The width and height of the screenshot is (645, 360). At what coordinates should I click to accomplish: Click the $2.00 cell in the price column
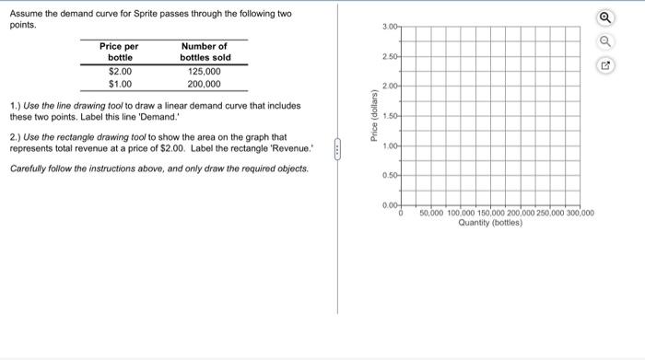pos(120,71)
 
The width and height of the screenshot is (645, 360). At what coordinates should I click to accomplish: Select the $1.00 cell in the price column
pos(120,84)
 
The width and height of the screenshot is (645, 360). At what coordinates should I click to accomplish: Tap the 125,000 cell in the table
pos(205,71)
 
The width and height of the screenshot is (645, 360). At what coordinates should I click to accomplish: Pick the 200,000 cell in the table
pos(205,84)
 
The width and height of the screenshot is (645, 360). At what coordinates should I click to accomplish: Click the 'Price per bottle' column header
pos(120,52)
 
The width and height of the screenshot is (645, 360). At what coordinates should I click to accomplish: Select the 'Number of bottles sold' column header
pos(205,52)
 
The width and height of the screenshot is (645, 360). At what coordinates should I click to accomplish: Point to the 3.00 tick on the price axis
pos(390,27)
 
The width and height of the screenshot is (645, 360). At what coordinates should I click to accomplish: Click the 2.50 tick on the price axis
pos(390,56)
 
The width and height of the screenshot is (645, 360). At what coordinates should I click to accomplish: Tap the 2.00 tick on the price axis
pos(390,87)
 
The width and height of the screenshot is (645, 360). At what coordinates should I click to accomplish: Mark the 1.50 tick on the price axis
pos(390,116)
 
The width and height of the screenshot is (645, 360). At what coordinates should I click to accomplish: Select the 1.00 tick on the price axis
pos(390,146)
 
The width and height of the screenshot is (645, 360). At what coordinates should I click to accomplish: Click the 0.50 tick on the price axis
pos(390,176)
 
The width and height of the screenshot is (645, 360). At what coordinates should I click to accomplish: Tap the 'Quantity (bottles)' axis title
pos(489,223)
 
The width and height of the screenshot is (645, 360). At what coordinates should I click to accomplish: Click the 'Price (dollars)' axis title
pos(374,115)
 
